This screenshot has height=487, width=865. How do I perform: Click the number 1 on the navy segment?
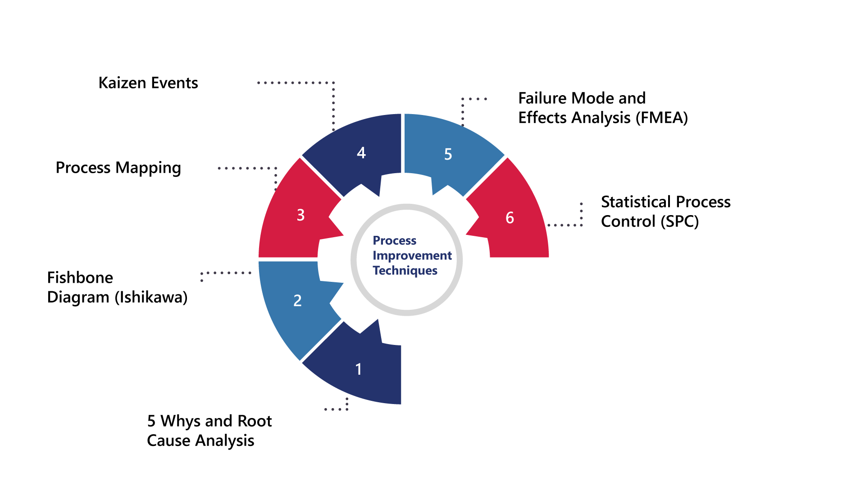359,369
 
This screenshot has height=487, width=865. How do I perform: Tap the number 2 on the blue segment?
297,301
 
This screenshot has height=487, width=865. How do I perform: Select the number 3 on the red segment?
300,215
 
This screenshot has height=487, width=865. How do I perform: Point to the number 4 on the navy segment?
361,153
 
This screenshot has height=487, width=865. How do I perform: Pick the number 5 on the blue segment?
448,154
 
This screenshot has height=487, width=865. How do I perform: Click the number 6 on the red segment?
510,218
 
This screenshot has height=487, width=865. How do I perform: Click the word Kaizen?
122,83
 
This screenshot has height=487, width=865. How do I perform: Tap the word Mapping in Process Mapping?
148,168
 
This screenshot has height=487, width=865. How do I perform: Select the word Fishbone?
80,278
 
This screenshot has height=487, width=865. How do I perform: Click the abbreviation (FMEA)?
662,118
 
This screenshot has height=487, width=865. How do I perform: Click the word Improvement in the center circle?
412,256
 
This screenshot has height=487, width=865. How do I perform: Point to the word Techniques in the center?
405,271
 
